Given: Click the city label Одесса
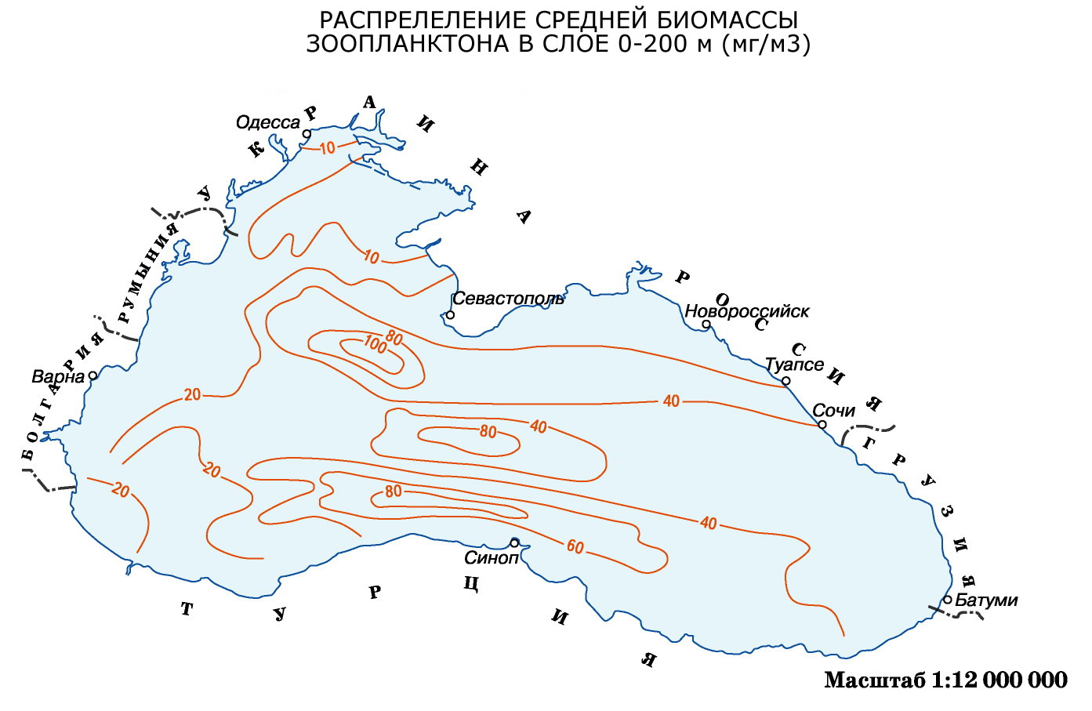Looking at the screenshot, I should pos(267,123).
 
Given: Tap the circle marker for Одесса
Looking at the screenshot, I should pos(307,134).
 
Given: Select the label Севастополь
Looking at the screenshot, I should pos(508,299).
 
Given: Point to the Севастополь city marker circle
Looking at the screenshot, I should pos(450,315).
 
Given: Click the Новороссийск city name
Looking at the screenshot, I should pos(746,311).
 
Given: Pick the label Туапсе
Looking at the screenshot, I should pos(793,365).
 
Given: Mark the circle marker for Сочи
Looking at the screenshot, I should pos(822,425).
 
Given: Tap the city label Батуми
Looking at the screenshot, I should pos(986,600).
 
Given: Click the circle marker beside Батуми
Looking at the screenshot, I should pos(947,600).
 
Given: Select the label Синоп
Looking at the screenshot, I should pos(492,558).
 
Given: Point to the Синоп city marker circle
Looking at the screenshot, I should pos(514,542).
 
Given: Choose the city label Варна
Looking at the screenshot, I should pos(58,376).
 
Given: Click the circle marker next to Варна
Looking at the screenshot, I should pos(93,375).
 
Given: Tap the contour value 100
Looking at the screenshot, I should pos(375,345).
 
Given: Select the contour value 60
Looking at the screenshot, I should pos(575,547).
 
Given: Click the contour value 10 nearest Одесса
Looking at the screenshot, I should pos(328,147).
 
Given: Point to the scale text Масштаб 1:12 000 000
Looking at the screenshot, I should pos(945,680).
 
